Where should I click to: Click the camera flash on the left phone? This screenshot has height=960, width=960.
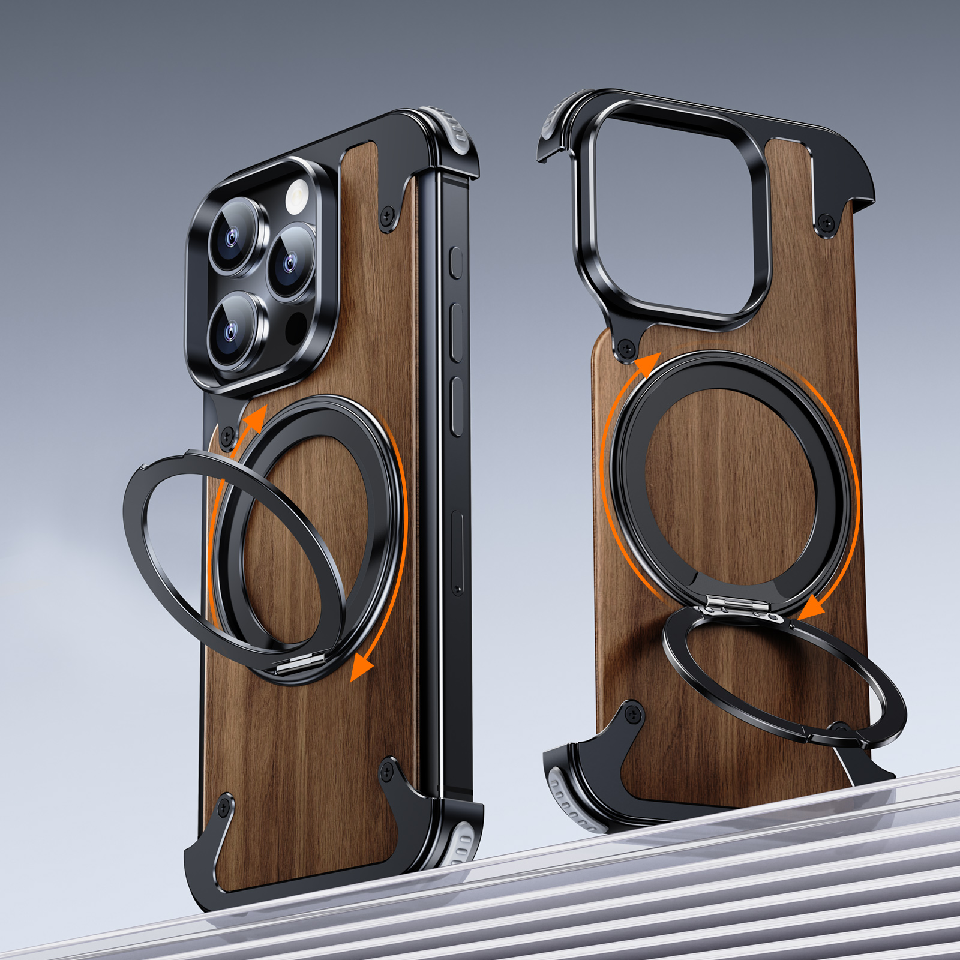298,196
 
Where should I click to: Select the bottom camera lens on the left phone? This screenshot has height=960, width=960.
236,329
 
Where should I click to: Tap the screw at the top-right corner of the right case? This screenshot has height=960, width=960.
826,223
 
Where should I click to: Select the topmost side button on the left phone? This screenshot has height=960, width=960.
456,263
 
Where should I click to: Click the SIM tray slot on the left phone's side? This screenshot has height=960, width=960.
457,552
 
